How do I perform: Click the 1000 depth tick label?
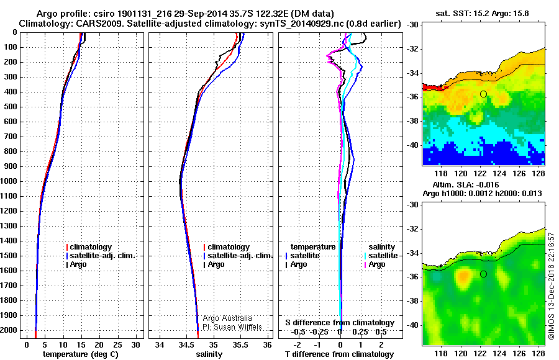(11, 181)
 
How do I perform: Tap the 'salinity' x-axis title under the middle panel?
(208, 354)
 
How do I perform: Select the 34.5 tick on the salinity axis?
(186, 344)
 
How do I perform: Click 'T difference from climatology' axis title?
(340, 354)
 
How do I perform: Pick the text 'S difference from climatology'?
(340, 323)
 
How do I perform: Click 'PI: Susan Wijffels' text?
(233, 326)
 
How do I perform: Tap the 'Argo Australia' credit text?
(227, 318)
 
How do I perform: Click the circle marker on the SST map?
(483, 94)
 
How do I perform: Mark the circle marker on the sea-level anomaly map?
(483, 274)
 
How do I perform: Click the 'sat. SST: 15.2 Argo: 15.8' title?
(483, 12)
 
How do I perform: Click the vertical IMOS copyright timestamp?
(551, 286)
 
